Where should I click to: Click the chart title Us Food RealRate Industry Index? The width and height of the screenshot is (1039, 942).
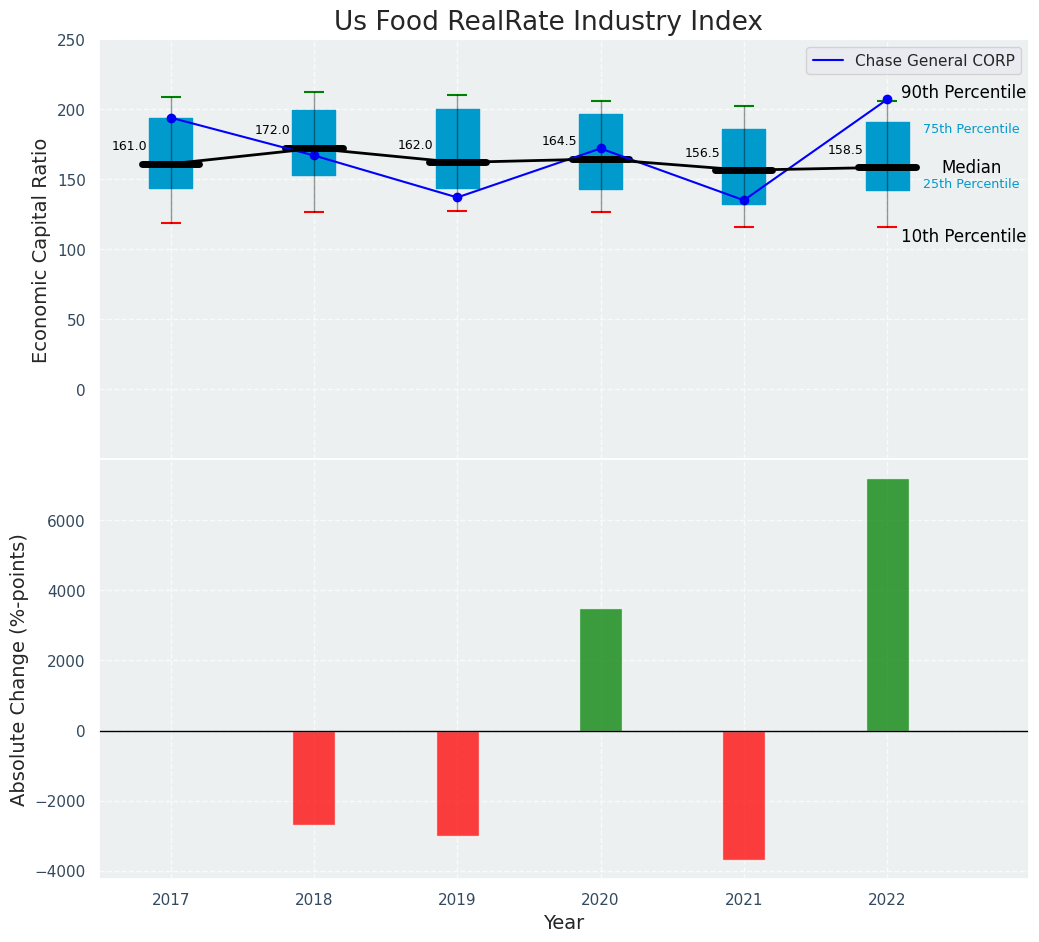548,22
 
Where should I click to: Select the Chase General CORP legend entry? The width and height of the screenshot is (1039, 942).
934,61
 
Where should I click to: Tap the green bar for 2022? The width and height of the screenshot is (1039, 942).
887,605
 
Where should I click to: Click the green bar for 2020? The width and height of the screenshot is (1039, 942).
601,670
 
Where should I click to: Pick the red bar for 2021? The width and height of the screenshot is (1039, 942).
744,795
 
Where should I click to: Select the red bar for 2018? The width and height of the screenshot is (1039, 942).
314,778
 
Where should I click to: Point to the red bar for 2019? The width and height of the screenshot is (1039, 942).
458,783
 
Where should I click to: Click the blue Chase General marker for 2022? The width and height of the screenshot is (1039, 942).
887,100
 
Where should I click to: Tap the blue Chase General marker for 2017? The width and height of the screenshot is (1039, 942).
171,119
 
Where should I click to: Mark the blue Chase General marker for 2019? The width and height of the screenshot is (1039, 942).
458,197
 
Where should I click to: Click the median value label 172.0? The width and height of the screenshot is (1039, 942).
272,130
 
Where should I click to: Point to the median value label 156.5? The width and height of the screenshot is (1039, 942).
702,153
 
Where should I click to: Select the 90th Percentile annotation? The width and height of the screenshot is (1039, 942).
963,93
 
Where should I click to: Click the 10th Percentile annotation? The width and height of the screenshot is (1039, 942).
963,237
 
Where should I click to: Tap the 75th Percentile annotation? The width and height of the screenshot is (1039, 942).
971,129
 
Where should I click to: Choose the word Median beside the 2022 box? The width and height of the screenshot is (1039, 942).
971,168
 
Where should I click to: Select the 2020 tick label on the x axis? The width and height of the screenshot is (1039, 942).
601,900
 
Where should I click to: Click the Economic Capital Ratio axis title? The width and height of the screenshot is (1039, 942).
41,250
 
